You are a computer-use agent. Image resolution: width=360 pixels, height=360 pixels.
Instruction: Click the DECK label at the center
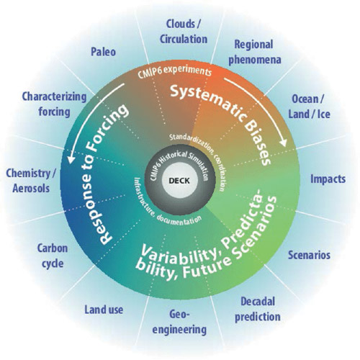click(179, 181)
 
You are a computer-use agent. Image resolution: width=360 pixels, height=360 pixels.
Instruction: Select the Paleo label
click(103, 52)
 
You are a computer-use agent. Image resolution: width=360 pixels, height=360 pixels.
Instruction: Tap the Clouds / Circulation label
click(184, 32)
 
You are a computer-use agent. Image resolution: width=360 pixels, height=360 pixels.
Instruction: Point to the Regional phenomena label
click(255, 52)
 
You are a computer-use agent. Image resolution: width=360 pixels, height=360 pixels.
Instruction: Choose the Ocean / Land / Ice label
click(309, 107)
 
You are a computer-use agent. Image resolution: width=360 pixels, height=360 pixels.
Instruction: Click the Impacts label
click(328, 179)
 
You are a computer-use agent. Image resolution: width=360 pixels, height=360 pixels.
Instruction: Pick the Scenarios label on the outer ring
click(309, 255)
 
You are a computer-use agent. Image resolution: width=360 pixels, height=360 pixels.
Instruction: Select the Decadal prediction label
click(258, 310)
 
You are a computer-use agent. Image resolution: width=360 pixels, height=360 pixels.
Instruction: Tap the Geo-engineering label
click(179, 322)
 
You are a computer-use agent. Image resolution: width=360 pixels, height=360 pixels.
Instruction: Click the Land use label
click(104, 310)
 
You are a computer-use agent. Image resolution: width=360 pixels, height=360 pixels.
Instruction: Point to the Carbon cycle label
click(53, 256)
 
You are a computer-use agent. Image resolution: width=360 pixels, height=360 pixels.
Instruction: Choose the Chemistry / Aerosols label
click(31, 181)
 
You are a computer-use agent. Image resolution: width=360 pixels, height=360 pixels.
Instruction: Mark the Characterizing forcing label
click(55, 104)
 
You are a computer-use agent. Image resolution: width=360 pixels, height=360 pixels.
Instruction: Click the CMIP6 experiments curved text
click(175, 71)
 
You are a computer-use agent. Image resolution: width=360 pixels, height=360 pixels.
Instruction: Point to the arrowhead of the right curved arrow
click(283, 143)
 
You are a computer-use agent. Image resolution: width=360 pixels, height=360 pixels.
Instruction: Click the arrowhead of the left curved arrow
click(71, 158)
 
